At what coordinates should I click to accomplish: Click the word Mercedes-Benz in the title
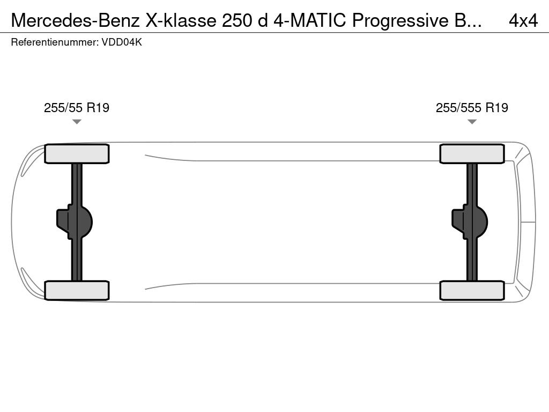pyautogui.click(x=75, y=20)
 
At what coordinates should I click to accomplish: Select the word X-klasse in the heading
pyautogui.click(x=181, y=20)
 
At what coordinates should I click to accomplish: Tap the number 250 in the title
pyautogui.click(x=237, y=20)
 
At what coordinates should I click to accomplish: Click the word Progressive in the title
pyautogui.click(x=400, y=21)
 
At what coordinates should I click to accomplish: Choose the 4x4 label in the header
pyautogui.click(x=523, y=21)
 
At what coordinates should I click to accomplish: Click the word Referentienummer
pyautogui.click(x=55, y=42)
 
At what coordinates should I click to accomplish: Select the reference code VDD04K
pyautogui.click(x=122, y=42)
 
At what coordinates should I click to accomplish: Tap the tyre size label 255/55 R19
pyautogui.click(x=77, y=107)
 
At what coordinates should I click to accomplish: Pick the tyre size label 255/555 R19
pyautogui.click(x=472, y=107)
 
